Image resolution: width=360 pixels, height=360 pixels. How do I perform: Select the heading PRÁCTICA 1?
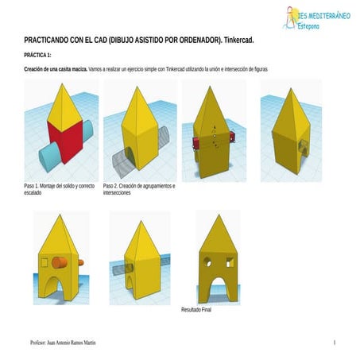coord(37,55)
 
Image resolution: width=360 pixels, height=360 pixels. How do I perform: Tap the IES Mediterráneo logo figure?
coord(287,16)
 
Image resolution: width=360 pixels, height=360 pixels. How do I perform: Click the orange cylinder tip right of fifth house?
coord(80,262)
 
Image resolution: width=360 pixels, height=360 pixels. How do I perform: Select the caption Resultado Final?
coord(196,310)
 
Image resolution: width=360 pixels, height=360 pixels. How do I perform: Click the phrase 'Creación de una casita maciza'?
coord(56,70)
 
